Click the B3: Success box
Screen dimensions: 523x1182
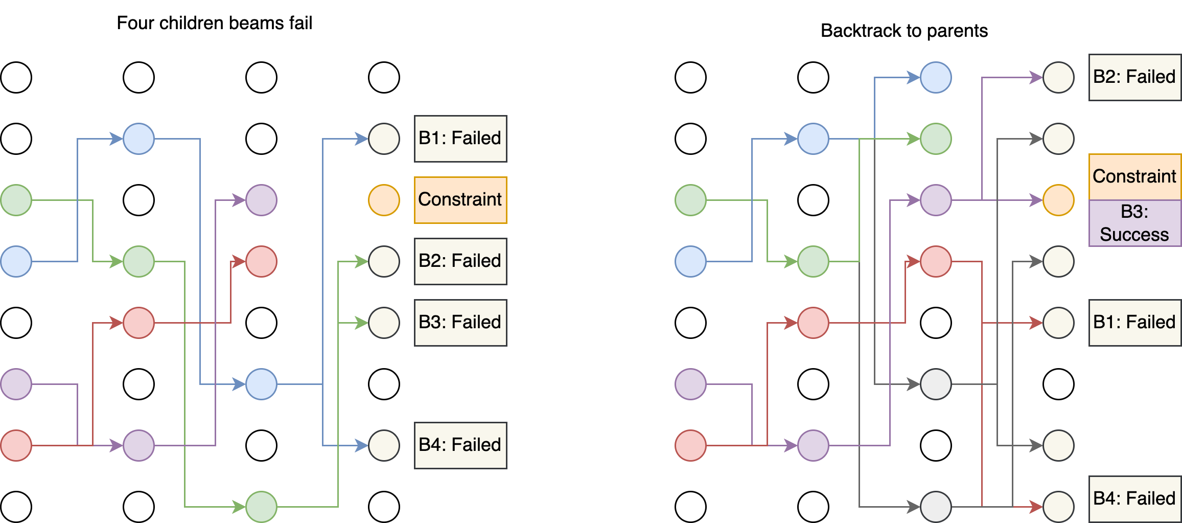click(x=1134, y=223)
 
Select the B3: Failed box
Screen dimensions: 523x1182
click(x=460, y=323)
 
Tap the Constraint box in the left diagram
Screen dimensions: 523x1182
click(x=460, y=200)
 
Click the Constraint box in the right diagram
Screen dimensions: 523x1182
click(x=1134, y=176)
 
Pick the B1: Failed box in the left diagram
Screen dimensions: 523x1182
click(x=460, y=139)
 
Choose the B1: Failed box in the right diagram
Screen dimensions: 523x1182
click(x=1134, y=323)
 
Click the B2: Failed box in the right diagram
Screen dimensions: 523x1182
click(x=1134, y=77)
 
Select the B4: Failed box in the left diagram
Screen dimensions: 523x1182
click(x=460, y=445)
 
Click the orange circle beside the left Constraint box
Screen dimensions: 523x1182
click(x=384, y=200)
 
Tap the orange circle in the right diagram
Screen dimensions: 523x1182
click(x=1058, y=200)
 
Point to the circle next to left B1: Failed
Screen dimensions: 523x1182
click(x=384, y=139)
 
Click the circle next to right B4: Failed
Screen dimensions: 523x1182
click(x=1058, y=507)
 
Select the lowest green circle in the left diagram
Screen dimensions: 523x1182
click(x=261, y=507)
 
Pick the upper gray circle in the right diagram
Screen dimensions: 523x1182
click(x=936, y=384)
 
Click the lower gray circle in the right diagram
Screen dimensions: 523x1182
click(x=936, y=507)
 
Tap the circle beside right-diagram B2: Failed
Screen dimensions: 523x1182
click(x=1058, y=77)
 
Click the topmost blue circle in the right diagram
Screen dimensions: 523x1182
click(x=936, y=77)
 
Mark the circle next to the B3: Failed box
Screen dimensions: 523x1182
click(x=384, y=323)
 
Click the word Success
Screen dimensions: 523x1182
click(x=1134, y=235)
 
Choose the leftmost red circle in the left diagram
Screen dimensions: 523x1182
click(x=16, y=445)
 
